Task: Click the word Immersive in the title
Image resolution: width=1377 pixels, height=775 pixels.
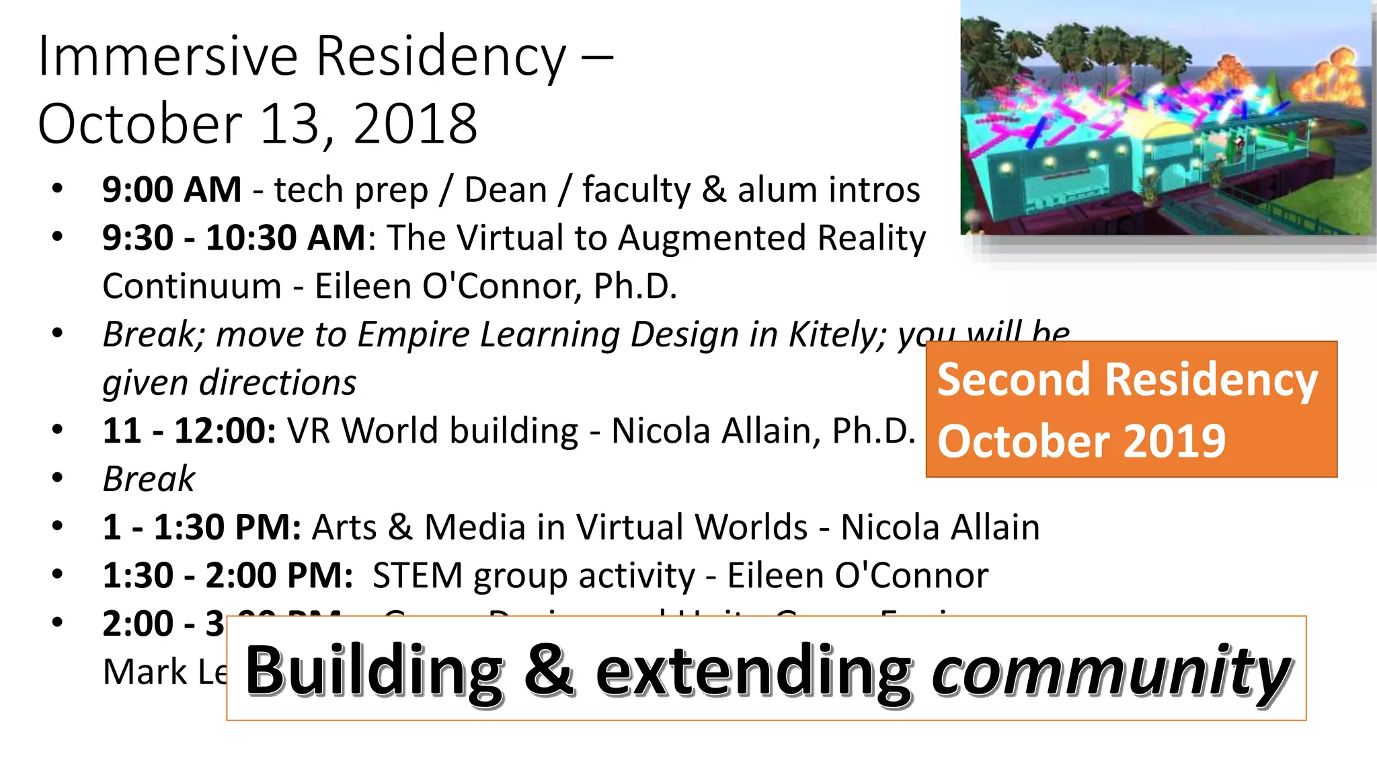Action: (x=167, y=57)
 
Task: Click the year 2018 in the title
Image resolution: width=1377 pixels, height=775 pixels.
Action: (x=415, y=124)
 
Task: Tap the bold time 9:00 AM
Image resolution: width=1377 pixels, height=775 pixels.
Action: (x=172, y=190)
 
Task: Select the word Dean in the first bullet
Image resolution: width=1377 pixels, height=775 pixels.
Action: (x=506, y=190)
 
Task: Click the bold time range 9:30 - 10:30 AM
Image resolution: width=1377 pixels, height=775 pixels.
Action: (x=234, y=238)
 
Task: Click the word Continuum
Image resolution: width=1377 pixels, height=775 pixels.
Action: (x=192, y=287)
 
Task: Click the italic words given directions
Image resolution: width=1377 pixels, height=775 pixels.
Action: (x=229, y=383)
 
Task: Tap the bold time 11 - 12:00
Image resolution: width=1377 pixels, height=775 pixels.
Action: (x=189, y=431)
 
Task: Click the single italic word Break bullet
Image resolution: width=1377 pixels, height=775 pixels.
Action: (x=149, y=479)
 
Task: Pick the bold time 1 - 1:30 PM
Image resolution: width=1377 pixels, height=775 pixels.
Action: (x=202, y=527)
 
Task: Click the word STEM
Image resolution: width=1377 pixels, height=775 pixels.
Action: (x=417, y=576)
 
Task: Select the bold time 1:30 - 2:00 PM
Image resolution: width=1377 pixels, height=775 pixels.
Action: (x=228, y=576)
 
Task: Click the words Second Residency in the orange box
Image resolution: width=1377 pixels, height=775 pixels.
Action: (x=1127, y=380)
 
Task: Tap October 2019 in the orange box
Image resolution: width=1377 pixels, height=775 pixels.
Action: (x=1081, y=442)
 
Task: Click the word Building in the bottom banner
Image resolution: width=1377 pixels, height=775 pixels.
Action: (x=374, y=670)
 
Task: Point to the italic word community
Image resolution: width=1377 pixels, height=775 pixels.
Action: (x=1110, y=670)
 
